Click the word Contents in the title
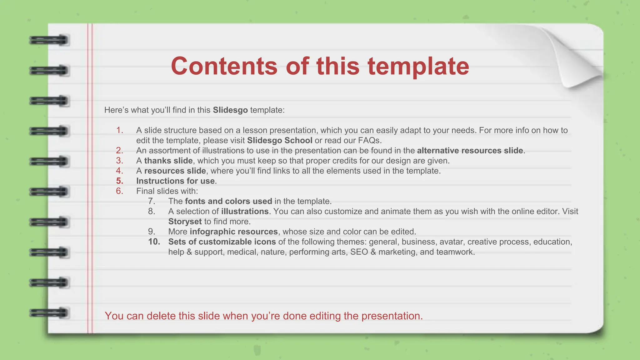click(x=224, y=66)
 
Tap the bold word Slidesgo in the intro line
click(x=230, y=110)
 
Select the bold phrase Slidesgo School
click(x=279, y=140)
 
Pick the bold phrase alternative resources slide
click(x=470, y=151)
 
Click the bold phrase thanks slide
click(x=168, y=161)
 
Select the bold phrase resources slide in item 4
click(x=175, y=171)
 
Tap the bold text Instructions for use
click(x=175, y=181)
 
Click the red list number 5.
click(x=119, y=181)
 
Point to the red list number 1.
click(x=119, y=130)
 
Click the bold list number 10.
click(x=154, y=242)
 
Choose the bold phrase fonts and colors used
click(x=228, y=201)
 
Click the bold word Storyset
click(x=185, y=222)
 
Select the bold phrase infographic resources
click(x=233, y=232)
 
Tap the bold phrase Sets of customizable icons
click(x=222, y=242)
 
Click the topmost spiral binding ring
click(x=49, y=40)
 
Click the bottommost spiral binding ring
click(x=49, y=313)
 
